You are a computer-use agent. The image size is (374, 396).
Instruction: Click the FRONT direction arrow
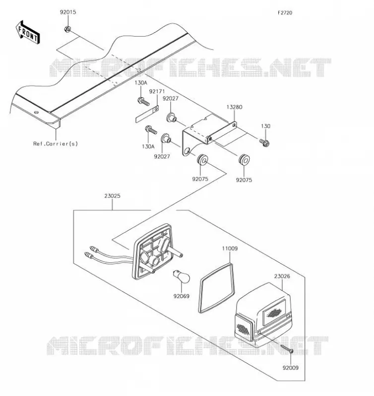[x=28, y=32]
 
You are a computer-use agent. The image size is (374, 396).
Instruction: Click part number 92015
[x=68, y=12]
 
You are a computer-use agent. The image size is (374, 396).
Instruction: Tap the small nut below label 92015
[x=67, y=29]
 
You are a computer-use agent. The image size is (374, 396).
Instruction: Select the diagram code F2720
[x=285, y=13]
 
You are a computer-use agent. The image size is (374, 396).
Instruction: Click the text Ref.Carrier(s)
[x=56, y=144]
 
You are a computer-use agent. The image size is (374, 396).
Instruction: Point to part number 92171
[x=157, y=92]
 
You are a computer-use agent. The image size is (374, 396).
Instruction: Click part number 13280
[x=234, y=107]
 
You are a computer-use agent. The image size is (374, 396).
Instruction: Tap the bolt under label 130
[x=264, y=143]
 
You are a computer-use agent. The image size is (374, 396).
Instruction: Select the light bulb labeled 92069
[x=181, y=276]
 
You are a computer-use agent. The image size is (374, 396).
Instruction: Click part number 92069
[x=182, y=296]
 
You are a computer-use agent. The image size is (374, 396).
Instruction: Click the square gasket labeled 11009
[x=217, y=288]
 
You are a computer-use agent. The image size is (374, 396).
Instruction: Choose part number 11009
[x=230, y=248]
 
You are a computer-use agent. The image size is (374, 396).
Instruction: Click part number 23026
[x=282, y=276]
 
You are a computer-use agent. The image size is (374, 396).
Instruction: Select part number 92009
[x=291, y=368]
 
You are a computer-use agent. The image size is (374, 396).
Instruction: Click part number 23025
[x=112, y=196]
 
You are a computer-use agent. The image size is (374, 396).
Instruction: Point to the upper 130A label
[x=141, y=83]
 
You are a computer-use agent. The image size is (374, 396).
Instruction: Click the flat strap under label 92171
[x=147, y=114]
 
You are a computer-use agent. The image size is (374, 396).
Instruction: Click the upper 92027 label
[x=171, y=99]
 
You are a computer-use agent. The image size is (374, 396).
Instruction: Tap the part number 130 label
[x=265, y=126]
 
